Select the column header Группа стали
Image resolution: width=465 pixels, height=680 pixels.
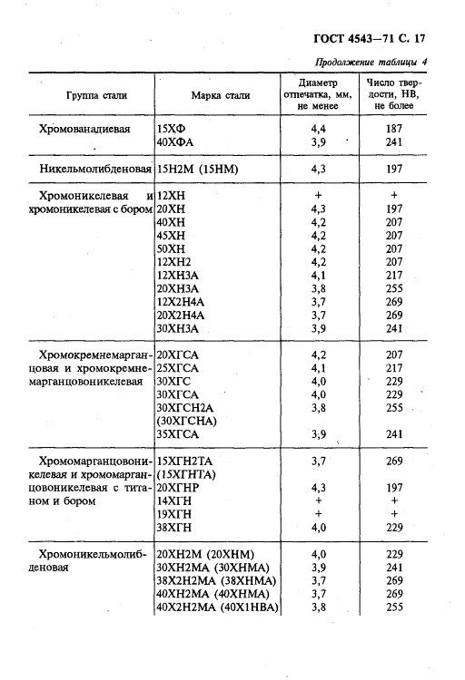[x=95, y=95]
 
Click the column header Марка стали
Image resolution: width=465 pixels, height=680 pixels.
[x=218, y=95]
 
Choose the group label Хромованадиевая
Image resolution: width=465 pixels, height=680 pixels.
[x=85, y=129]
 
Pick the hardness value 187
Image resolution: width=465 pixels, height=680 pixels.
[x=393, y=129]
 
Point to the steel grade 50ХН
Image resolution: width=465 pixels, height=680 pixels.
[x=172, y=248]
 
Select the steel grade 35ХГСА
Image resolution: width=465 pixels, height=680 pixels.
[x=178, y=434]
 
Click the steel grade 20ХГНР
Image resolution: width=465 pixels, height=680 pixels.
[x=178, y=488]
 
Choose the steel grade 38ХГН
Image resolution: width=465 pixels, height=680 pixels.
[x=173, y=528]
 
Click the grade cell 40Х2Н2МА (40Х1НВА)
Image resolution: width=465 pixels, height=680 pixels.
[x=218, y=607]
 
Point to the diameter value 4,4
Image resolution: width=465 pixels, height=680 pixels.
[x=318, y=129]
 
